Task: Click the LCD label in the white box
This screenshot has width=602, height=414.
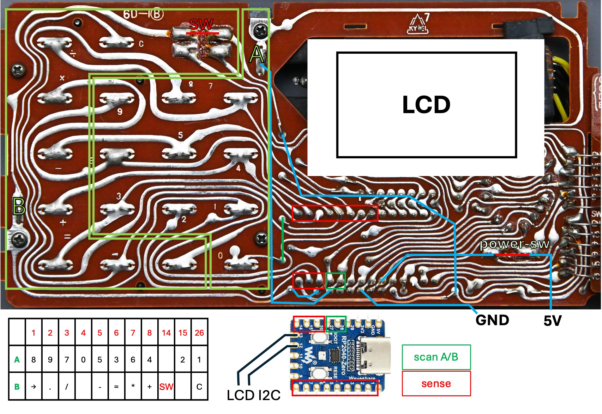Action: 426,105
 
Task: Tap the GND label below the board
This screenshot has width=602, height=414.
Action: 492,320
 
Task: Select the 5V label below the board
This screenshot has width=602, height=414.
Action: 552,321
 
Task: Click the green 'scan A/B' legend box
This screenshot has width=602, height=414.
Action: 436,357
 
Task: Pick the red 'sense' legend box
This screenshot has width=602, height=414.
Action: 436,384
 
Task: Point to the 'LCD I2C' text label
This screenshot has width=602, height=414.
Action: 253,395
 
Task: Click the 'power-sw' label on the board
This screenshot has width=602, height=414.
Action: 515,244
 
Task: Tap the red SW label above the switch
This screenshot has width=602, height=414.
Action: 201,24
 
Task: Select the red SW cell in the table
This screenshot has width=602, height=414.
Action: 166,387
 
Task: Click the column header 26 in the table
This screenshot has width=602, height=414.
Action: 199,333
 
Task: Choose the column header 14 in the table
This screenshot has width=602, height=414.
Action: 166,333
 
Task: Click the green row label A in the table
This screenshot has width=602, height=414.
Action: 17,360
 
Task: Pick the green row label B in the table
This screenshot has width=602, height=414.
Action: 17,387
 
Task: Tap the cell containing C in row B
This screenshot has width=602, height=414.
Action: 199,387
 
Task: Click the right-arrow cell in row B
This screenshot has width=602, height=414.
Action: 33,387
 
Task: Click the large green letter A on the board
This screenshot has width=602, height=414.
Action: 256,54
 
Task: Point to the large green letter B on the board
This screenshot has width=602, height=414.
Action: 19,206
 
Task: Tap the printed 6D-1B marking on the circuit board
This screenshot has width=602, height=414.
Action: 143,14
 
